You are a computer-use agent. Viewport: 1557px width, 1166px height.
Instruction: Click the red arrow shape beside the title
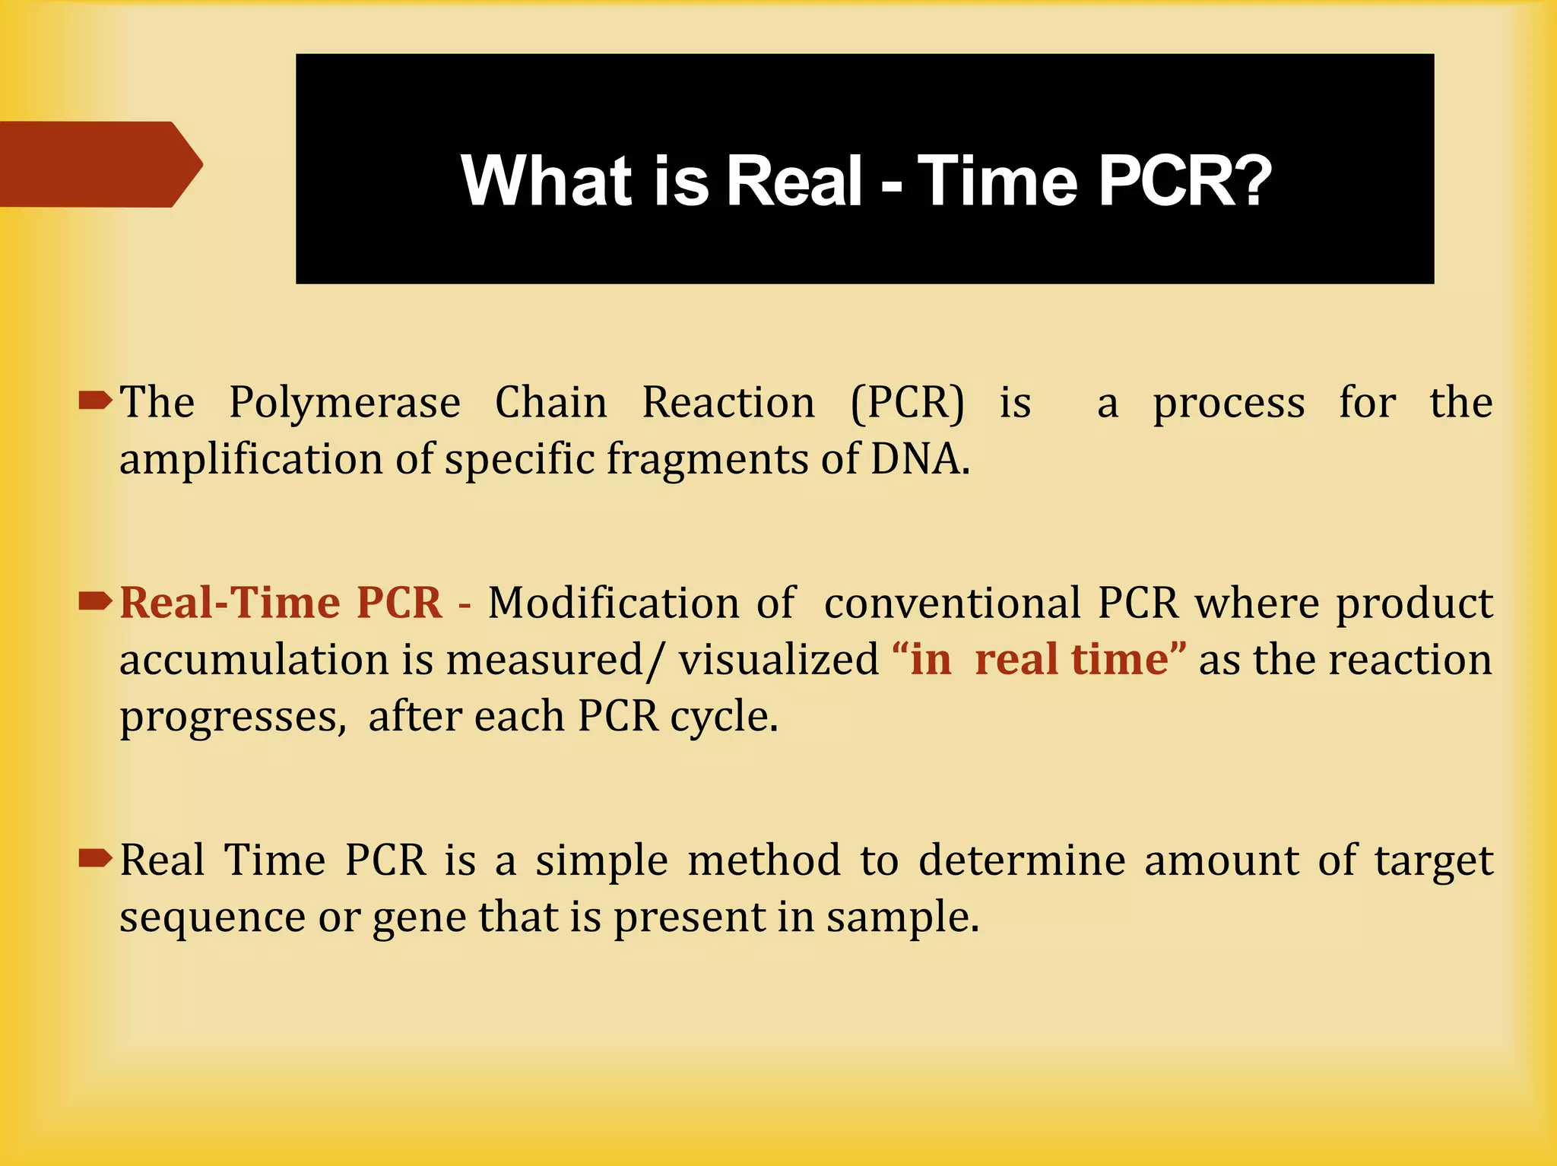click(x=99, y=164)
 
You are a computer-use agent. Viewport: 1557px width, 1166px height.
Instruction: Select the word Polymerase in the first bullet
click(x=344, y=403)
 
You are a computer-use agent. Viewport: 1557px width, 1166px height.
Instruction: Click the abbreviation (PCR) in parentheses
click(x=907, y=403)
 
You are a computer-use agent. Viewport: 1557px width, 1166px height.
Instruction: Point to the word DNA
click(x=918, y=459)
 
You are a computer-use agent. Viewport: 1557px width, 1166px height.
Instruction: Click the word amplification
click(x=251, y=459)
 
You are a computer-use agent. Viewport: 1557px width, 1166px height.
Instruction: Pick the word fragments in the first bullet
click(x=706, y=459)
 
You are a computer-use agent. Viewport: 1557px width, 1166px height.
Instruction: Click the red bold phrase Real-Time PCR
click(x=281, y=604)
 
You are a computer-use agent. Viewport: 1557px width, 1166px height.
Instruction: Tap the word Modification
click(x=614, y=604)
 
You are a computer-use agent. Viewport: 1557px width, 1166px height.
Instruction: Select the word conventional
click(x=952, y=604)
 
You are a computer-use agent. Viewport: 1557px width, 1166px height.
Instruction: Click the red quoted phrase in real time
click(x=1039, y=660)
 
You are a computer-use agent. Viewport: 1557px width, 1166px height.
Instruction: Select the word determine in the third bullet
click(x=1022, y=860)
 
